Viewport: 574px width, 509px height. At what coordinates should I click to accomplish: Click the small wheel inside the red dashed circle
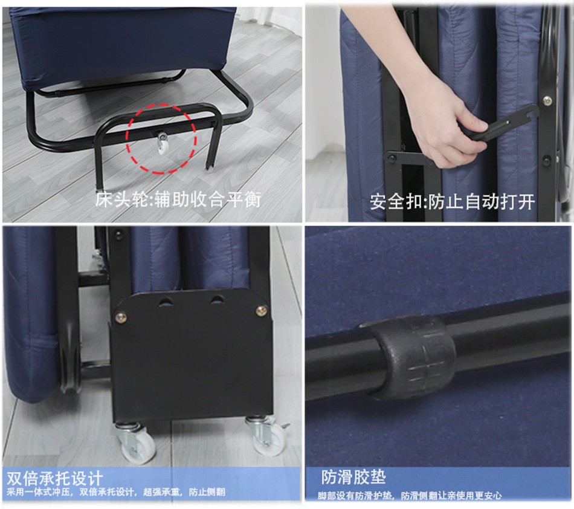(162, 145)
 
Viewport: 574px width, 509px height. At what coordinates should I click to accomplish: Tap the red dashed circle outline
(127, 138)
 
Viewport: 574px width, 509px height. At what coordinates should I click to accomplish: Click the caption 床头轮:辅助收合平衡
(178, 199)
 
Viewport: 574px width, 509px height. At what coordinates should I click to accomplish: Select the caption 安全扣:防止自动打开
(452, 202)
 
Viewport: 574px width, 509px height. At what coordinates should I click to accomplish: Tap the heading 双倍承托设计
(54, 478)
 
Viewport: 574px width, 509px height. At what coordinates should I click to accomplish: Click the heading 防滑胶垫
(353, 477)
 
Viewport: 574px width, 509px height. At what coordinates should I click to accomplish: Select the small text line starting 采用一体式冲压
(115, 492)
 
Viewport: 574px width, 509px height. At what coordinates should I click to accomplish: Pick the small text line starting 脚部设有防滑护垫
(409, 496)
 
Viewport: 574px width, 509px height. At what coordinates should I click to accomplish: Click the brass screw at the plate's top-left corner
(121, 317)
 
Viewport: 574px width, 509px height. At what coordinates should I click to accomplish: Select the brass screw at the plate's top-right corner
(262, 311)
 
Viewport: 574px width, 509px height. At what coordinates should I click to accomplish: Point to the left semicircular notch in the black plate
(166, 302)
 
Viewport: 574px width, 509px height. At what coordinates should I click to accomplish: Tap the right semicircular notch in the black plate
(217, 299)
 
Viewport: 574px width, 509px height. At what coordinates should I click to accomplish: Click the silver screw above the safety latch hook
(547, 100)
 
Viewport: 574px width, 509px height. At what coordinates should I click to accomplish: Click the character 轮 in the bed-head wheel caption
(140, 199)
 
